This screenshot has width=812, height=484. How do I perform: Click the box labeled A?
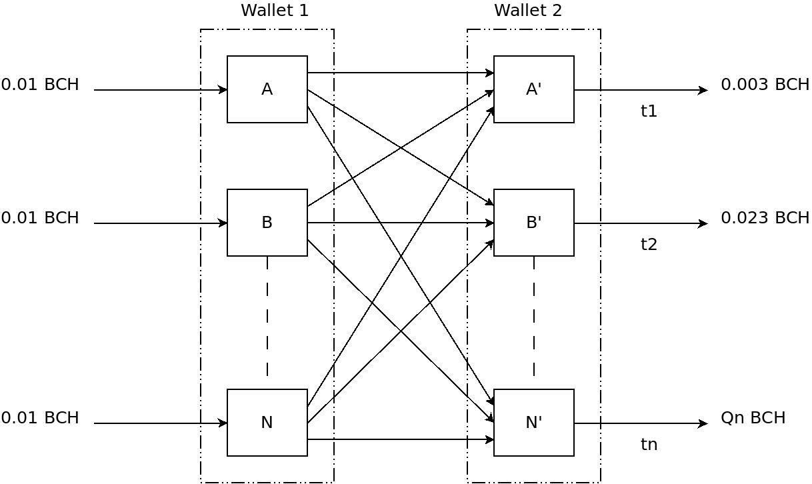(267, 89)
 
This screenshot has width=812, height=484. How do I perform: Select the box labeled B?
(267, 223)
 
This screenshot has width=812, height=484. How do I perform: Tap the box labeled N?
(267, 423)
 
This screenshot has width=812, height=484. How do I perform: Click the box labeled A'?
(533, 89)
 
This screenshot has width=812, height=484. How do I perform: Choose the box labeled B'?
(533, 223)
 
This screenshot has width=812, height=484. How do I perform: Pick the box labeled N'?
(533, 423)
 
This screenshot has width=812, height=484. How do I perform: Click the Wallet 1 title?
(275, 11)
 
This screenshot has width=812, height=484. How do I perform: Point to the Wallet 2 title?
(528, 11)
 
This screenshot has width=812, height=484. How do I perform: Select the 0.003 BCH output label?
(765, 85)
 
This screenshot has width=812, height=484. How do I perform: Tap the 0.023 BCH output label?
(765, 218)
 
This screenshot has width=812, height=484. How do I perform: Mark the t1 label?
(649, 111)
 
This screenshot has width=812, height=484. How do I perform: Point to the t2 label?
(649, 245)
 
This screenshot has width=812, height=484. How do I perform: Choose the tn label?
(649, 445)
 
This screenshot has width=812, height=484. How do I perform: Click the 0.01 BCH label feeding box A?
(40, 85)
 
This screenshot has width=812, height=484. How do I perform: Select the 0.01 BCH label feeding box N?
(40, 418)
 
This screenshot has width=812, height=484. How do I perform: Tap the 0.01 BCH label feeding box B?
(40, 218)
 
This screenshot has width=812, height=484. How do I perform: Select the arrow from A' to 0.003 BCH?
(640, 90)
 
